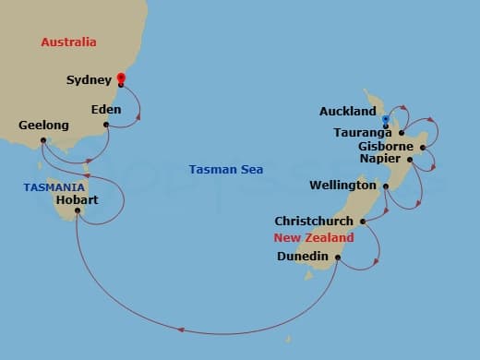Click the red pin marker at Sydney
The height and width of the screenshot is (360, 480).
pyautogui.click(x=121, y=78)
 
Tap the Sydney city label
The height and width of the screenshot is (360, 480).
pyautogui.click(x=89, y=80)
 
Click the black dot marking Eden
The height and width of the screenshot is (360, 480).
pyautogui.click(x=107, y=125)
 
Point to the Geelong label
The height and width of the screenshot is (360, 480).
pyautogui.click(x=43, y=125)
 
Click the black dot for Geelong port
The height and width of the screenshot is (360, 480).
pyautogui.click(x=43, y=140)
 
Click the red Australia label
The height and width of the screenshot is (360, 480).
pyautogui.click(x=69, y=42)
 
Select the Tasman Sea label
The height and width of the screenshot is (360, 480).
pyautogui.click(x=225, y=170)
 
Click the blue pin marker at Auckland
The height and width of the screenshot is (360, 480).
pyautogui.click(x=385, y=119)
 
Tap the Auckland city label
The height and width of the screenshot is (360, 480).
pyautogui.click(x=347, y=112)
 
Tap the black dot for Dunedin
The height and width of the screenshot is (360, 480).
pyautogui.click(x=338, y=258)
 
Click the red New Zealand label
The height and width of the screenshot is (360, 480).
pyautogui.click(x=314, y=238)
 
